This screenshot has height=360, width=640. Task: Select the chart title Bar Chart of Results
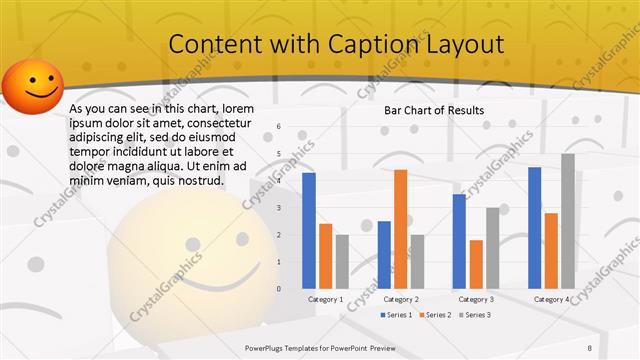pos(434,110)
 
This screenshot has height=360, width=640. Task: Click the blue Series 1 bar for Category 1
pos(308,230)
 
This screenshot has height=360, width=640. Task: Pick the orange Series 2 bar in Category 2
pos(400,228)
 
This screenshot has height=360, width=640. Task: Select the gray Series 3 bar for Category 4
pos(568,221)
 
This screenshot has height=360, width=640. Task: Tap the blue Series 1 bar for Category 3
pos(459,240)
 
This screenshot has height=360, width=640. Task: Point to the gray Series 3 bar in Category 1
pos(342,261)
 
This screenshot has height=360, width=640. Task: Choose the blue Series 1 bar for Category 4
pos(534,227)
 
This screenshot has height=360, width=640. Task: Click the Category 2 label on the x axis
pos(401,299)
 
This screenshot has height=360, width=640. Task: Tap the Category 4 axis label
pos(551,299)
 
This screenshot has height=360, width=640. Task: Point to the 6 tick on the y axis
pos(279,126)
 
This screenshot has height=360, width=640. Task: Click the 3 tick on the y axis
pos(279,207)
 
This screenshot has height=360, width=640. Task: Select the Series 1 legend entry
pos(396,315)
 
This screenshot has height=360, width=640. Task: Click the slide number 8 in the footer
pos(618,346)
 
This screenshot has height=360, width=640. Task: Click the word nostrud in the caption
pos(197,181)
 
